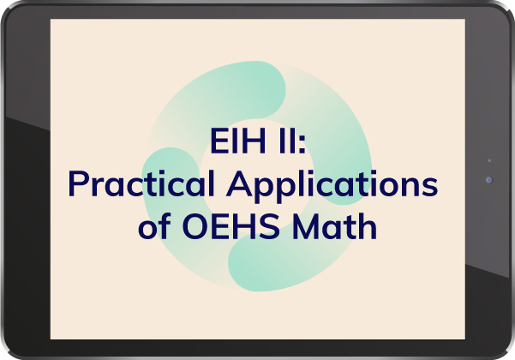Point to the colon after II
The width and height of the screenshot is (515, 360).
[x=302, y=145]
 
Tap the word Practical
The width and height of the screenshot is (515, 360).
[x=142, y=183]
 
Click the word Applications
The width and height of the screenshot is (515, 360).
[x=332, y=187]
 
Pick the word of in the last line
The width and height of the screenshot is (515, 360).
[x=155, y=225]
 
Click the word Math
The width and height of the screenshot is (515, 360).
[x=334, y=225]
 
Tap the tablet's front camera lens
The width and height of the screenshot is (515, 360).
[x=489, y=180]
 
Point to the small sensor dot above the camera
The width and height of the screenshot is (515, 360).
[x=489, y=160]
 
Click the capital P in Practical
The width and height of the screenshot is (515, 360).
[x=78, y=184]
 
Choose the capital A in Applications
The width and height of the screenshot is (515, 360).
[x=239, y=184]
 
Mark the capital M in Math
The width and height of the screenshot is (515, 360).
[x=305, y=226]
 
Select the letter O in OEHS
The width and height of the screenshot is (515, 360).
[x=195, y=226]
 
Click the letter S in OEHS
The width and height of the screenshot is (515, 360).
[x=270, y=226]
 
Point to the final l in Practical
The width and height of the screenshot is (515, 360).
[x=213, y=183]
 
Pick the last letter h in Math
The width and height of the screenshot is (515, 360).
[x=368, y=225]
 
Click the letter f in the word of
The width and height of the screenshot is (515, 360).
[x=166, y=225]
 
